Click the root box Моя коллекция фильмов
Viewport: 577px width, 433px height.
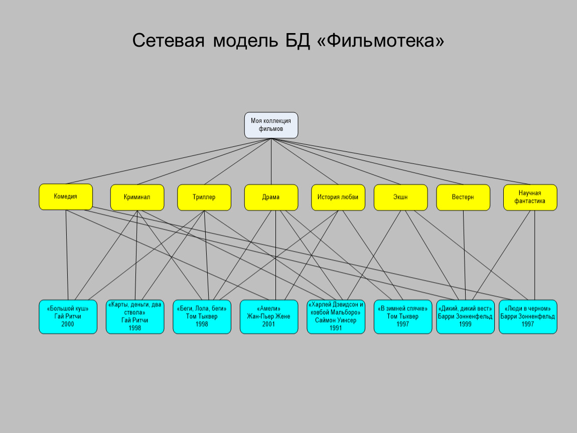coord(271,125)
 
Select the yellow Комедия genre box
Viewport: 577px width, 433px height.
coord(66,196)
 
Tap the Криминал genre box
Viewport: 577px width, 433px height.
coord(137,197)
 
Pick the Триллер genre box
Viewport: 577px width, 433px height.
coord(204,197)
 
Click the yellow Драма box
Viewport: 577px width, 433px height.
coord(271,197)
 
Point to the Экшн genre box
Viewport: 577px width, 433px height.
coord(400,197)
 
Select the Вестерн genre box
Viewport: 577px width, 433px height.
coord(463,197)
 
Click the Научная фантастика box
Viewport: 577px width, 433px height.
coord(530,197)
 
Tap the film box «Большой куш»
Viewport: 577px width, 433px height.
coord(68,317)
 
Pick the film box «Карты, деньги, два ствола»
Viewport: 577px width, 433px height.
coord(134,317)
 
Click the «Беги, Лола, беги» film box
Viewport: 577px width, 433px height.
coord(202,317)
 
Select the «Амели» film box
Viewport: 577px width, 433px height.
coord(269,317)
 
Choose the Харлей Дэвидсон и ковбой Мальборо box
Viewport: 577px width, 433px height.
coord(336,317)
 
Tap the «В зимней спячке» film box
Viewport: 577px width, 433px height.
coord(402,317)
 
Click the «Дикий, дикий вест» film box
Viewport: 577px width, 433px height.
coord(465,317)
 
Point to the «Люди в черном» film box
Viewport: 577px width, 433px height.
coord(528,317)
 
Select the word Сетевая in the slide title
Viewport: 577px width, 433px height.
coord(169,41)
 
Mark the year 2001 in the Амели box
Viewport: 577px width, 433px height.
coord(269,324)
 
